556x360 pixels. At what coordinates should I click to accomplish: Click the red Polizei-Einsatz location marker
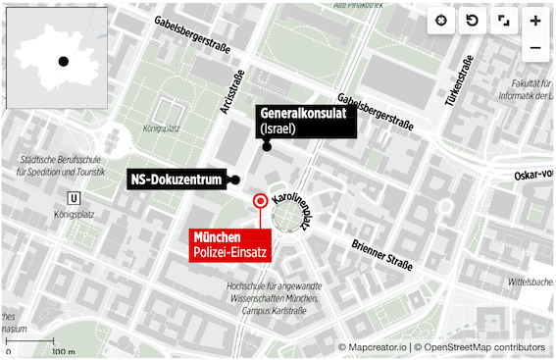pos(260,202)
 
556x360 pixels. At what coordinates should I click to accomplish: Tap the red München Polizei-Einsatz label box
pos(229,245)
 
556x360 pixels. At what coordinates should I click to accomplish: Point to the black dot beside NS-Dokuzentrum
pos(235,180)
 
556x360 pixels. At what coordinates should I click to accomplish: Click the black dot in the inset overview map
pos(63,61)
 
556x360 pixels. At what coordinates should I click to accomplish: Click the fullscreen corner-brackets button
pos(503,21)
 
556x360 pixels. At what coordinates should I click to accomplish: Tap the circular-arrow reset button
pos(472,21)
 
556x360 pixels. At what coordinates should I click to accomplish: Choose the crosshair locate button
pos(441,21)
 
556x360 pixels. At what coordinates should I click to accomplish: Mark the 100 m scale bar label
pos(63,350)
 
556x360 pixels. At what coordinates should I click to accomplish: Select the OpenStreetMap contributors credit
pos(481,347)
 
